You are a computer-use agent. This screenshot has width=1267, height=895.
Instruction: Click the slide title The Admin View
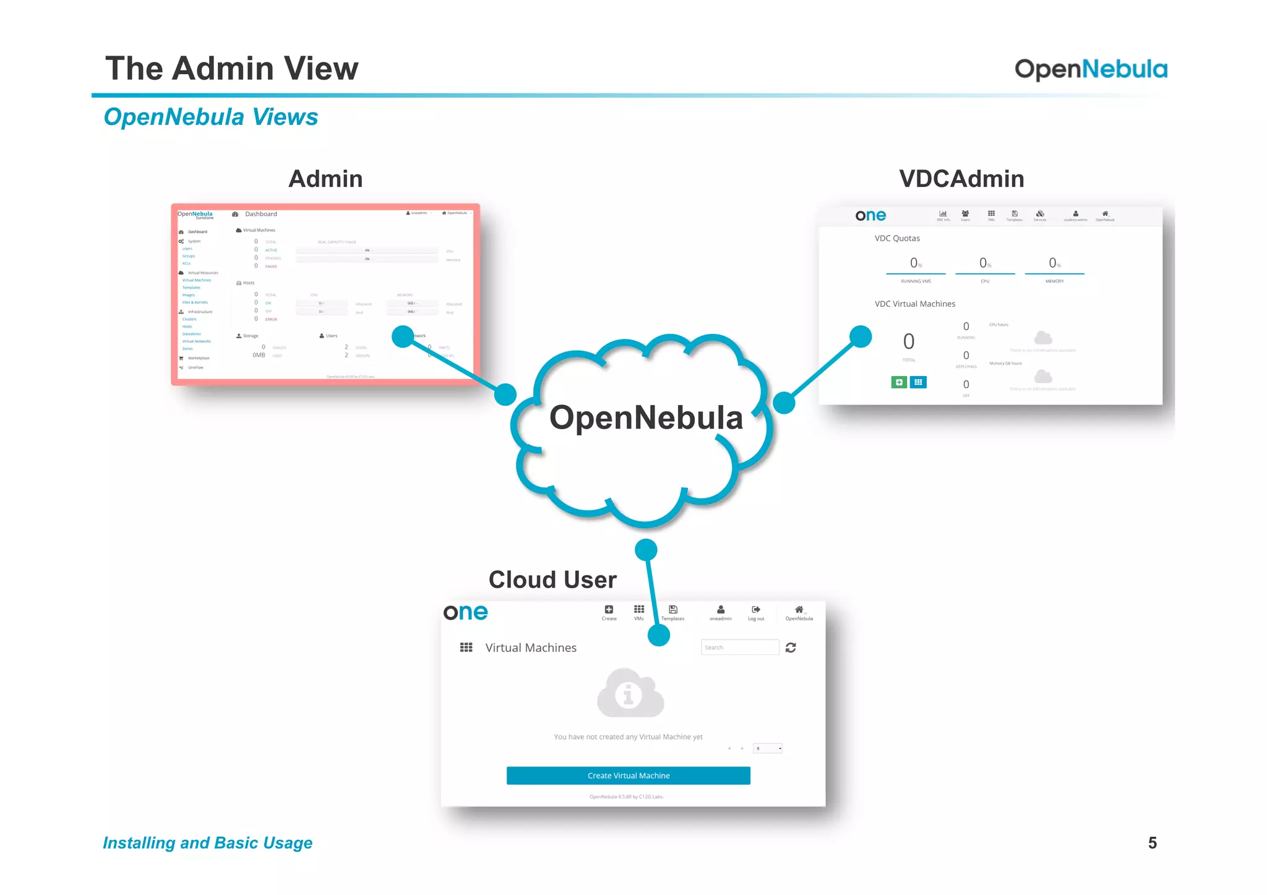[231, 68]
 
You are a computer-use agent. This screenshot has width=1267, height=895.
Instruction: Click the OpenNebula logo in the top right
[1091, 69]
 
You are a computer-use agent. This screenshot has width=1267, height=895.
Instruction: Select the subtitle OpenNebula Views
[210, 117]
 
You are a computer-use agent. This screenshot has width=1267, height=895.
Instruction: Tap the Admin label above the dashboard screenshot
[325, 179]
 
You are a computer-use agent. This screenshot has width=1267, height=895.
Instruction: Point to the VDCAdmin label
[961, 179]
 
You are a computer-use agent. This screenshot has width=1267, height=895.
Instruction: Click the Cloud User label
[552, 580]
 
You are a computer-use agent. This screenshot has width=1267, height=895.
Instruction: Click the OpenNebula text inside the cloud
[646, 418]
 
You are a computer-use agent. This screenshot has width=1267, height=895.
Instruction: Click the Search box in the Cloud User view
[739, 648]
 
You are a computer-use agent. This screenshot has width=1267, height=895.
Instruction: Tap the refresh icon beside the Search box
[791, 648]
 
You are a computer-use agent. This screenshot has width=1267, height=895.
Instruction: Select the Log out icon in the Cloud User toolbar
[756, 611]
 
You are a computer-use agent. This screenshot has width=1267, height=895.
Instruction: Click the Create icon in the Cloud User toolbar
[609, 611]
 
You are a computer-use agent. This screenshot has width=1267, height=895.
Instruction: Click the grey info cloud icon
[630, 693]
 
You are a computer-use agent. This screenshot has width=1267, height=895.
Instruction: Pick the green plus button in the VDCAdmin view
[899, 382]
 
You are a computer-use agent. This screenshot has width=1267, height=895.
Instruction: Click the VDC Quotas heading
[897, 238]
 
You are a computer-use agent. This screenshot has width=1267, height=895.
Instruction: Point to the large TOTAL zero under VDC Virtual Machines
[908, 341]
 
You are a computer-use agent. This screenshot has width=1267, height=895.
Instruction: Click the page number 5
[1152, 843]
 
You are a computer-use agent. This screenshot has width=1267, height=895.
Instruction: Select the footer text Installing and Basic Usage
[207, 843]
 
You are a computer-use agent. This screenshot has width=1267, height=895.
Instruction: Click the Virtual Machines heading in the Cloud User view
[530, 648]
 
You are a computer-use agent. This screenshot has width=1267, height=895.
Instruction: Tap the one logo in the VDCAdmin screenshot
[870, 215]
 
